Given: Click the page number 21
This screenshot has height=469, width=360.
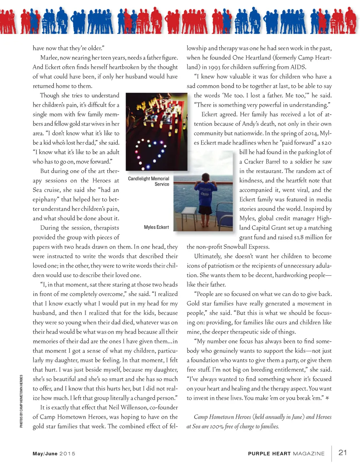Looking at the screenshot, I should pos(342,452).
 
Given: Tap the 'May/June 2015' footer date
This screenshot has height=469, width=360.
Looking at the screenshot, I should pos(54,454).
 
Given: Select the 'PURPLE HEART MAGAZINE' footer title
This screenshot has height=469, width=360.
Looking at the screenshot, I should pos(286,454).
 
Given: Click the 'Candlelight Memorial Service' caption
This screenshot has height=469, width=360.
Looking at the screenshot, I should pos(149,181).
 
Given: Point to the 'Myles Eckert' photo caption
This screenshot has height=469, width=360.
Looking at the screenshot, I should pos(156,227).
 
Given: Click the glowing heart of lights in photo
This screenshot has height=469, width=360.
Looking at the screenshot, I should pos(150,154).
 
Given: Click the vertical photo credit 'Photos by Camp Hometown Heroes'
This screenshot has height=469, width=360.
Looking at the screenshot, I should pos(21,401).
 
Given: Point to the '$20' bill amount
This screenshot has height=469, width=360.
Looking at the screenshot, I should pos(326,143).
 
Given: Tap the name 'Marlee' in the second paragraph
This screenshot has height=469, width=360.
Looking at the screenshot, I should pos(49,58).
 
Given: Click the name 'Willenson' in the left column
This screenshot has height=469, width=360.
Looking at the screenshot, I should pos(134,407).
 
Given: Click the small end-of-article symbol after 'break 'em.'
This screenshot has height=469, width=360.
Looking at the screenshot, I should pos(327,398).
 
